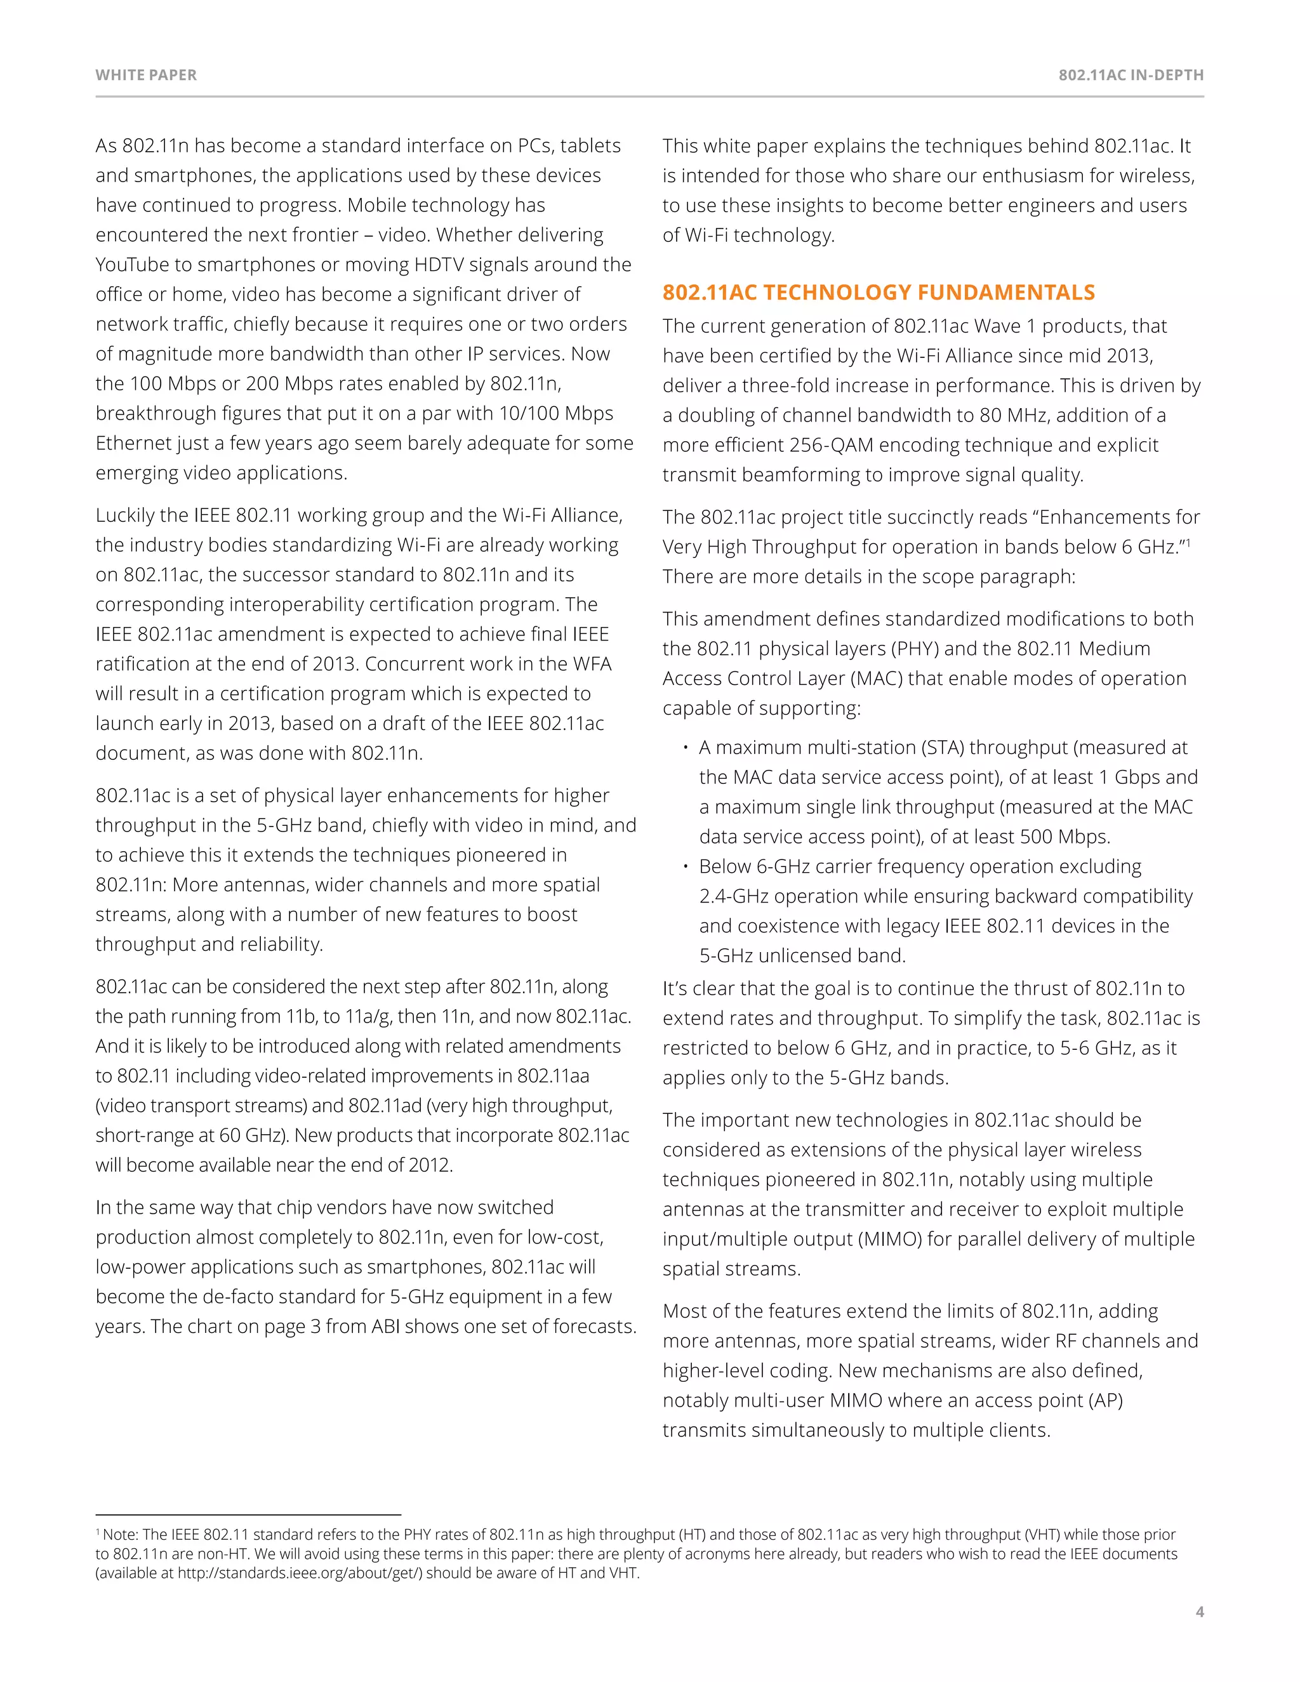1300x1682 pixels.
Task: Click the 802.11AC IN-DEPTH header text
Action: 1131,75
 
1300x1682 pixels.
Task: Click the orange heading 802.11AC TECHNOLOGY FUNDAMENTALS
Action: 878,292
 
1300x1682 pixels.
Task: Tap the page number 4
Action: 1199,1611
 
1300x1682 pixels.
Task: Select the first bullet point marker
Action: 685,748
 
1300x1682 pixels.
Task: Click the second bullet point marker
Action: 685,866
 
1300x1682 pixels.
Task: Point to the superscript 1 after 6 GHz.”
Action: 1188,542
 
